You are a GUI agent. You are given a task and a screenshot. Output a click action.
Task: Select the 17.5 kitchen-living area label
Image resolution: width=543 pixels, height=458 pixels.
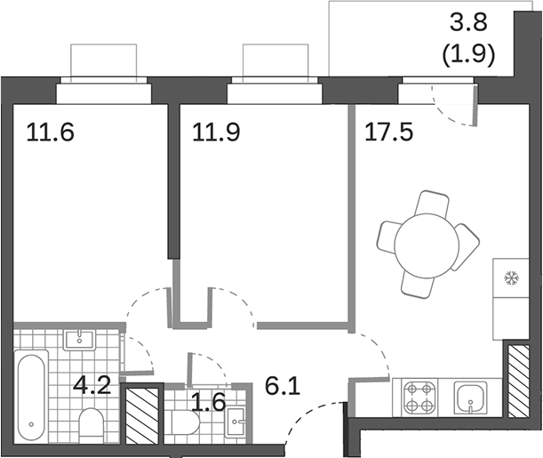click(388, 134)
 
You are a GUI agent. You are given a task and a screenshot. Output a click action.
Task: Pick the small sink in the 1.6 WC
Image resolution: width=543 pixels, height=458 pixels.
click(236, 425)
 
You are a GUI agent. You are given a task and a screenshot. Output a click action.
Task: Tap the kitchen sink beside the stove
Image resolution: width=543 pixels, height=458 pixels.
click(471, 398)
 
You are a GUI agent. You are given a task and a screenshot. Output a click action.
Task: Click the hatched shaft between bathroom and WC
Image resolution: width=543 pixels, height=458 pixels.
click(142, 414)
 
